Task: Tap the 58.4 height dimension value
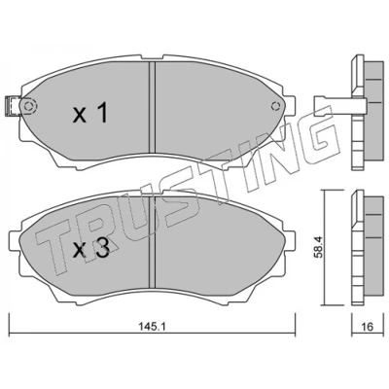319,246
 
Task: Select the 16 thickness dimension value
367,327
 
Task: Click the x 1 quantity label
90,114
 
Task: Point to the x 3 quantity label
90,249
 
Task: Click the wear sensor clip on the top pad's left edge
13,106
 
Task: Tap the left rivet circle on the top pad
29,106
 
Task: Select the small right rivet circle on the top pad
275,106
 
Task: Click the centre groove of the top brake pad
152,107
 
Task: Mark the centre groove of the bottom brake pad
152,242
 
